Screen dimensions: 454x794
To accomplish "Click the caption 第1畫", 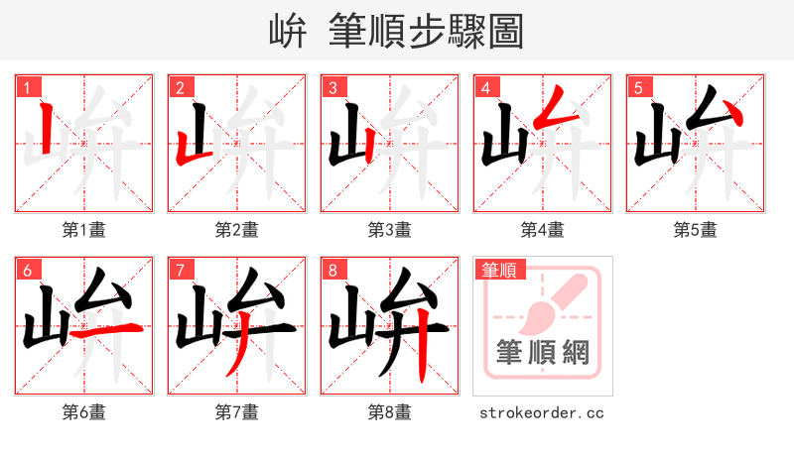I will [84, 230].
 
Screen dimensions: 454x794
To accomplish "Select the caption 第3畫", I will [389, 230].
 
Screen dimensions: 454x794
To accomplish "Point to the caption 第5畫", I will [695, 230].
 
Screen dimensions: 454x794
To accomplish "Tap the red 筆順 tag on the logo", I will [501, 269].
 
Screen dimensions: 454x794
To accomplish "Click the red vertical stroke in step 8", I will [421, 342].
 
